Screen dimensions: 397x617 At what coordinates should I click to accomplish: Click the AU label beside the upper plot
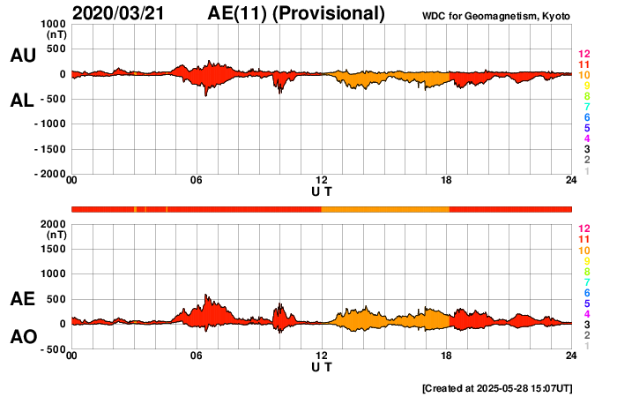[x=22, y=56]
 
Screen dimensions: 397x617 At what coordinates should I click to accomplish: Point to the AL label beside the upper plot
[x=22, y=101]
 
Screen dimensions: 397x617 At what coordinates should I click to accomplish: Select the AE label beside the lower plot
[x=22, y=299]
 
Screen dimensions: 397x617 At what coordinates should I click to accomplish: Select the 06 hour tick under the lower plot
[x=197, y=356]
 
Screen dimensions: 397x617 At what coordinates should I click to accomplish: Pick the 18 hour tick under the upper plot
[x=447, y=181]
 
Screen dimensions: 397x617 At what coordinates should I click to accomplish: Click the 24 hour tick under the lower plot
[x=571, y=356]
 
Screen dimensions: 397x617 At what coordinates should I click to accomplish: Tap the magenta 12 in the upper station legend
[x=584, y=55]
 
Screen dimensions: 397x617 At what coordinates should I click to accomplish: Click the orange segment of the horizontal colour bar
[x=385, y=208]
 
